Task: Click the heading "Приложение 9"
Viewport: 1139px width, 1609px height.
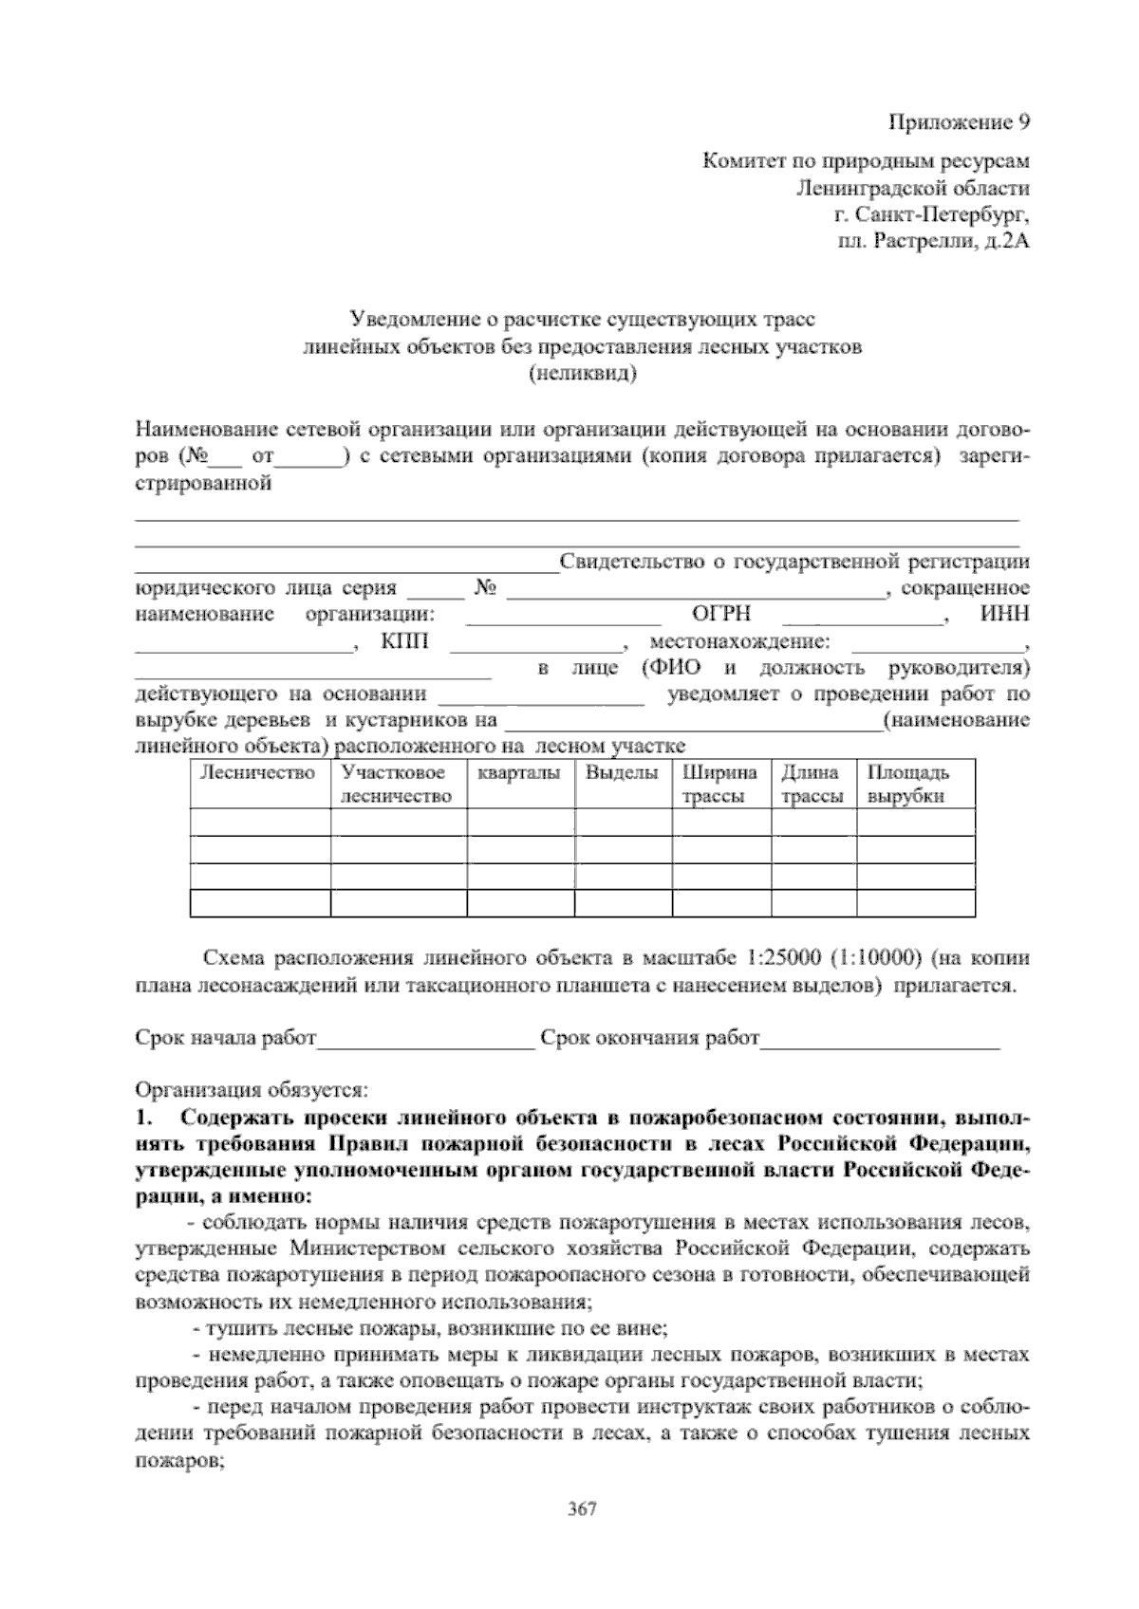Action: click(958, 122)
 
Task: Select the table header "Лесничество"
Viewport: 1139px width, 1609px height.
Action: click(257, 773)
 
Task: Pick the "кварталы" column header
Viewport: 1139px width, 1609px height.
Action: click(519, 773)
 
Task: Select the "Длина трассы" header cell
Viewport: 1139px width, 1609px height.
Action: click(812, 785)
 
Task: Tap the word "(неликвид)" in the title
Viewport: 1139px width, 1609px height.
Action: click(582, 373)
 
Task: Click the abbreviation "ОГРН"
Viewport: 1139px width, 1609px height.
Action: click(722, 615)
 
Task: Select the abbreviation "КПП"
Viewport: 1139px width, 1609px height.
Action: click(404, 642)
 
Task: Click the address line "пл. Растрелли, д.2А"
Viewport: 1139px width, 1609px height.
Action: click(933, 242)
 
